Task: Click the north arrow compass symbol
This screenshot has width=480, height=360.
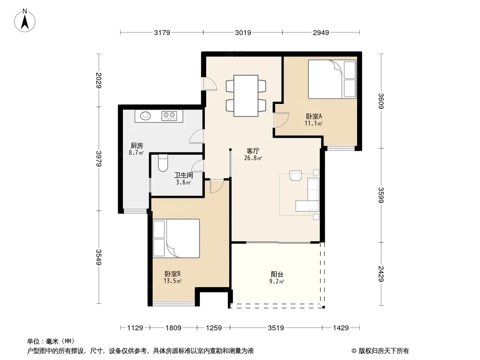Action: (25, 21)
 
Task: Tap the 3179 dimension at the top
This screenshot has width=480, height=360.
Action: (162, 32)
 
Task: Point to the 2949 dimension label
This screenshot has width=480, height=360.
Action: (321, 32)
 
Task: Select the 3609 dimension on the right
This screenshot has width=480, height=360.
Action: (381, 101)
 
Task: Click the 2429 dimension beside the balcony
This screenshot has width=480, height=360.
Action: (381, 274)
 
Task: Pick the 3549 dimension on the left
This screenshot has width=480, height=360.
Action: (99, 257)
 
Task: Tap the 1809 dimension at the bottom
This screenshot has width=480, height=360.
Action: (173, 328)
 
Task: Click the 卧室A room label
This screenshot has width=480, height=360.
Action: (314, 116)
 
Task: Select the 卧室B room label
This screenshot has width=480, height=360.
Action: (172, 274)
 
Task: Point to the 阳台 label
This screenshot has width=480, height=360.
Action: (277, 274)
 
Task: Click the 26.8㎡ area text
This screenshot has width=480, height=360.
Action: (253, 158)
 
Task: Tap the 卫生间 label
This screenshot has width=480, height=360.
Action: (184, 175)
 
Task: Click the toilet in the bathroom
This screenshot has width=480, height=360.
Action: (163, 163)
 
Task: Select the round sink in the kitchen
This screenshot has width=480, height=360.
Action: (145, 116)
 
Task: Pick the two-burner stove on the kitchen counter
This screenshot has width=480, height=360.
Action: (170, 115)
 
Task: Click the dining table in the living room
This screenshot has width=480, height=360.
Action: (246, 96)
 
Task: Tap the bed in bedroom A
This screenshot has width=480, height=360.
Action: (332, 79)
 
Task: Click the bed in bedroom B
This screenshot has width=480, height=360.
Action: (177, 238)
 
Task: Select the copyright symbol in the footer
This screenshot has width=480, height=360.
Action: (354, 351)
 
